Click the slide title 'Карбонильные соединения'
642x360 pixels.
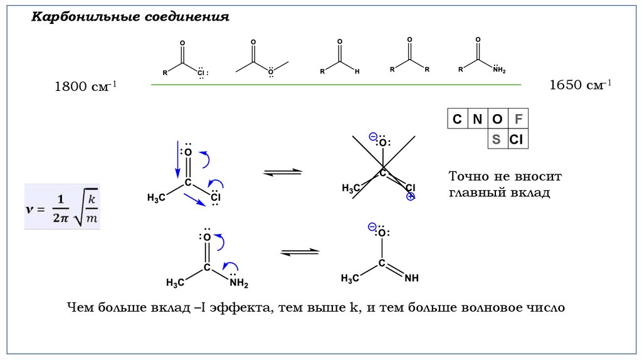(x=131, y=17)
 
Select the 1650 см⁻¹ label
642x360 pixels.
(x=581, y=85)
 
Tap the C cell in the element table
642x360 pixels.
(x=457, y=119)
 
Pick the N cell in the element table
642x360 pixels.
(x=477, y=119)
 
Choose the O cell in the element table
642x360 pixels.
(x=497, y=119)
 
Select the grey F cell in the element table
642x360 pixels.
(x=517, y=119)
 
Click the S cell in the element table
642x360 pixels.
(x=497, y=139)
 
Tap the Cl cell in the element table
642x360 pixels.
(x=517, y=139)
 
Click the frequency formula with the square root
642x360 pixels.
(x=62, y=206)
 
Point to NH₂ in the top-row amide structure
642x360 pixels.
(x=498, y=70)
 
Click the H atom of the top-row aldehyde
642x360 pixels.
(x=357, y=71)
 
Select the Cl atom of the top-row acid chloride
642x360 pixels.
(x=201, y=73)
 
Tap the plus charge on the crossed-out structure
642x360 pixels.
(x=411, y=196)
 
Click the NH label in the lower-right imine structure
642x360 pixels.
(x=411, y=277)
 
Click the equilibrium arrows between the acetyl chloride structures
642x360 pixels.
(x=282, y=172)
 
